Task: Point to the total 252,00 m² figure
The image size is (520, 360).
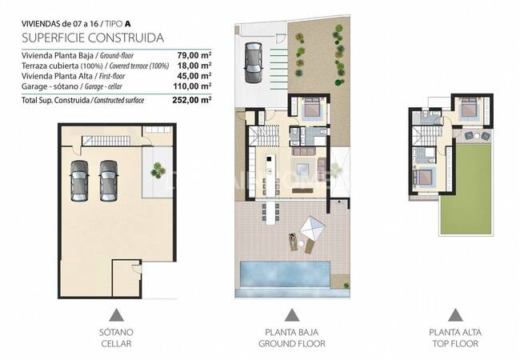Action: [x=193, y=100]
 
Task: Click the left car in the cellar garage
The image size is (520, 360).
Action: [x=80, y=180]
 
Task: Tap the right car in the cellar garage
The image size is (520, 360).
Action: [x=108, y=180]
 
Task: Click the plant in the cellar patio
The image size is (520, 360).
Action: [x=155, y=169]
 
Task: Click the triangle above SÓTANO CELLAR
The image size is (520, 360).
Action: [x=117, y=314]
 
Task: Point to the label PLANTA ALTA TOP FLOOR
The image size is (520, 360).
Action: [x=454, y=338]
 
